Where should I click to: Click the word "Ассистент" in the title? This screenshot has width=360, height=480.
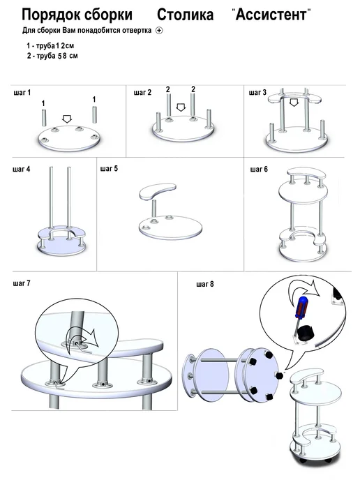click(271, 15)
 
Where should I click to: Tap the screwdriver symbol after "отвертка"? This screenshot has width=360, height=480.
click(159, 30)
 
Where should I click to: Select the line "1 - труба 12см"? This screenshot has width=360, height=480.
click(50, 46)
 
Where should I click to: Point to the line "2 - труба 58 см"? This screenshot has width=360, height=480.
click(52, 56)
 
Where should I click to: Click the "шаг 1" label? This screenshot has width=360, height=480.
click(22, 93)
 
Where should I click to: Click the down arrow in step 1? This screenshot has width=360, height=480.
click(67, 119)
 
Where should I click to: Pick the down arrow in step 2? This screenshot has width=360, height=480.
click(181, 107)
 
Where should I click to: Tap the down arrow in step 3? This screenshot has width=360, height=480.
click(294, 103)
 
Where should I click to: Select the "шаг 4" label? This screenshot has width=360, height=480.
click(22, 169)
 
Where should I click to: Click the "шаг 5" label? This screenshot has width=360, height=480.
click(109, 169)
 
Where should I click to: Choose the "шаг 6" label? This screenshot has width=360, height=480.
click(259, 169)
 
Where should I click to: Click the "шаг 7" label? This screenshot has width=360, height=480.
click(22, 283)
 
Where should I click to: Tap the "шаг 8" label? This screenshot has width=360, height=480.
click(205, 284)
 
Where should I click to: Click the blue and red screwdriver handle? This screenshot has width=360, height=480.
click(301, 308)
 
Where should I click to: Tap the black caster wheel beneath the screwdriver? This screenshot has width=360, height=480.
click(305, 333)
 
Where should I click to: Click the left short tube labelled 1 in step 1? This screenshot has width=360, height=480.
click(43, 117)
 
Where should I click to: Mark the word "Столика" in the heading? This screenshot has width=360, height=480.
click(185, 15)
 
